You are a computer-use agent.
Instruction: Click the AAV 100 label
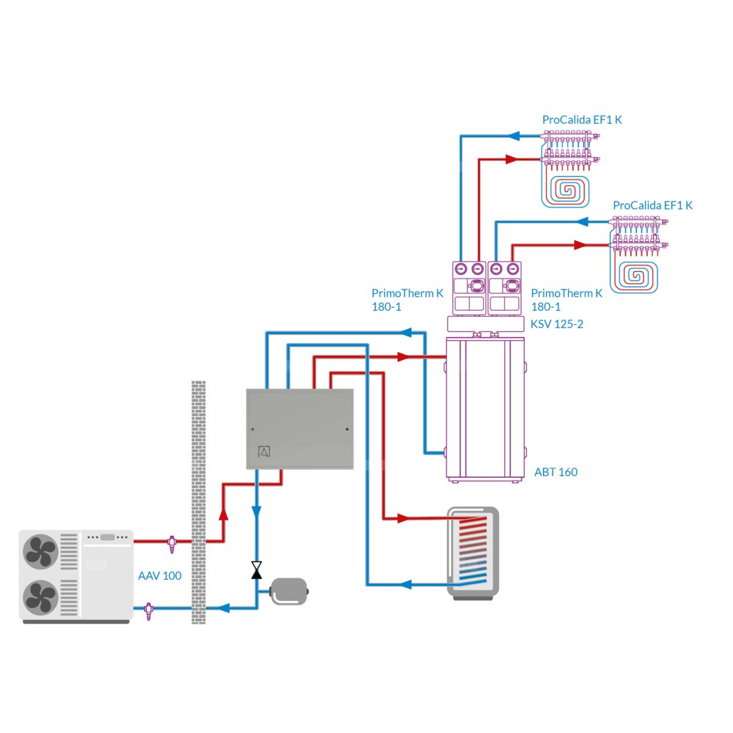(159, 576)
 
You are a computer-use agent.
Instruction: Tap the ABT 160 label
(556, 472)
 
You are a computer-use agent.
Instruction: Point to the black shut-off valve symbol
(257, 570)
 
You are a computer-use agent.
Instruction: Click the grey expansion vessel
(291, 591)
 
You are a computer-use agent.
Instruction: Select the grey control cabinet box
(299, 429)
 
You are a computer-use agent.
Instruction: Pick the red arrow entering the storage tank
(402, 518)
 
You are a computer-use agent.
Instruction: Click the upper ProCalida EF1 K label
(581, 119)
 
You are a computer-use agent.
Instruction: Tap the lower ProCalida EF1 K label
(652, 206)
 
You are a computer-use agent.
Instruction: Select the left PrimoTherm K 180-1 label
(407, 300)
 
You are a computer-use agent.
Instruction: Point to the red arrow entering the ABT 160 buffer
(402, 357)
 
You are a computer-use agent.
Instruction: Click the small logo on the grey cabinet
(264, 452)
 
